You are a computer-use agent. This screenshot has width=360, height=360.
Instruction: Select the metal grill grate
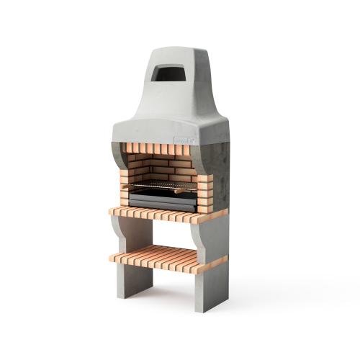(164, 186)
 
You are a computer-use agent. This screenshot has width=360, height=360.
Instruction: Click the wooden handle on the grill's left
(127, 186)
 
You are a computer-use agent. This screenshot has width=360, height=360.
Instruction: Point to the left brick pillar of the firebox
(125, 173)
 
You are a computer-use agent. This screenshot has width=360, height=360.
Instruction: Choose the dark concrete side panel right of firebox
(220, 173)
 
